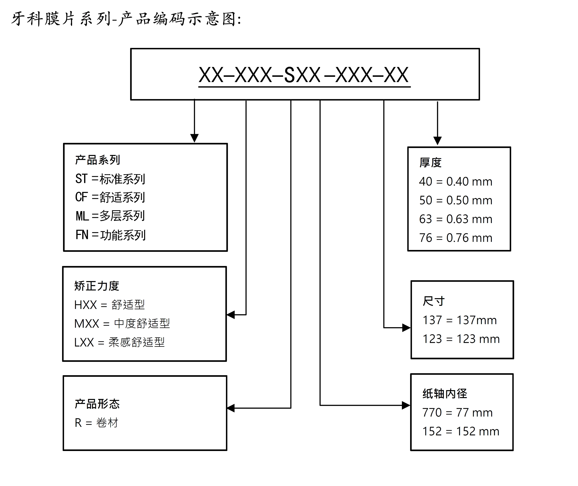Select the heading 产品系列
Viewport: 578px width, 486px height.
click(97, 160)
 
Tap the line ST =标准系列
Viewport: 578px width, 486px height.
click(110, 179)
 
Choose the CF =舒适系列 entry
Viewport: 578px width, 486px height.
click(110, 197)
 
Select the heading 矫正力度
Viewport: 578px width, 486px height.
click(97, 286)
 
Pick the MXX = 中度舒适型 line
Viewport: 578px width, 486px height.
click(122, 323)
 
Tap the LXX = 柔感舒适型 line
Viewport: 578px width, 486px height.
click(119, 342)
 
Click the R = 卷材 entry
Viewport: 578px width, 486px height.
click(96, 423)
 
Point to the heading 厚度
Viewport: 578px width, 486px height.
click(430, 163)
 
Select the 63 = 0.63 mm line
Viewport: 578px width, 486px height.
click(456, 219)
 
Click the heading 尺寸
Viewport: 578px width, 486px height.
click(434, 301)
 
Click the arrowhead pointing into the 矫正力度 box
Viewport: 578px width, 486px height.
click(231, 315)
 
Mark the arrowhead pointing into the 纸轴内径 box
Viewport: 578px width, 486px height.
click(406, 405)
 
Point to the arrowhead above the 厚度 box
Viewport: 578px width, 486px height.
click(437, 140)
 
